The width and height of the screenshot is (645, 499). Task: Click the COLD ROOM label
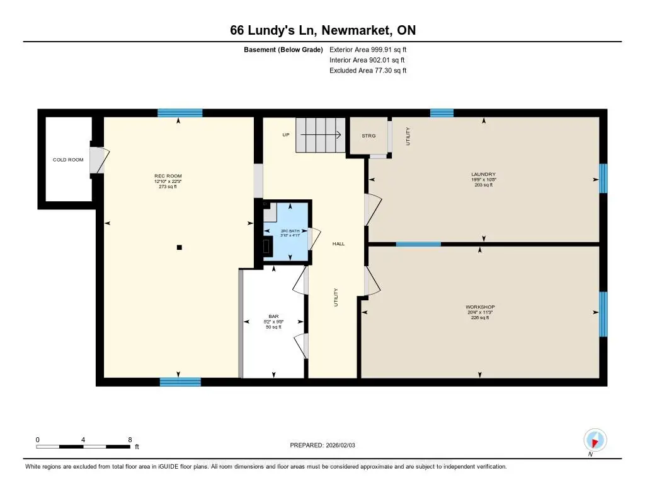click(x=68, y=160)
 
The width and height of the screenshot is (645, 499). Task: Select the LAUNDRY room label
click(x=484, y=174)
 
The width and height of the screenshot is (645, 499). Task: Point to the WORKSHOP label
click(x=480, y=307)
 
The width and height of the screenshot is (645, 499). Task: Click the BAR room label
click(x=273, y=317)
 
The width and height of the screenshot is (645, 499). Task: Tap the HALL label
click(x=338, y=244)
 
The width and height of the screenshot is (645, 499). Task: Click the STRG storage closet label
click(x=368, y=136)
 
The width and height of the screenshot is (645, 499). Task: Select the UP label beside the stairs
click(x=285, y=134)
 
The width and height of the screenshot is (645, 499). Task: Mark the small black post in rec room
click(x=180, y=247)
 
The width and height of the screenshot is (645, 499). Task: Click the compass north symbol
click(x=595, y=440)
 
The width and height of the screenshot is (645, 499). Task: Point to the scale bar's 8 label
click(x=129, y=440)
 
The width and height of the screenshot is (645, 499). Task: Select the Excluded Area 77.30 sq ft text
click(x=368, y=71)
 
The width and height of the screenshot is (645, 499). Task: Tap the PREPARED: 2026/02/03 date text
click(x=322, y=445)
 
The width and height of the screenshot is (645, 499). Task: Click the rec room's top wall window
click(x=180, y=113)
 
